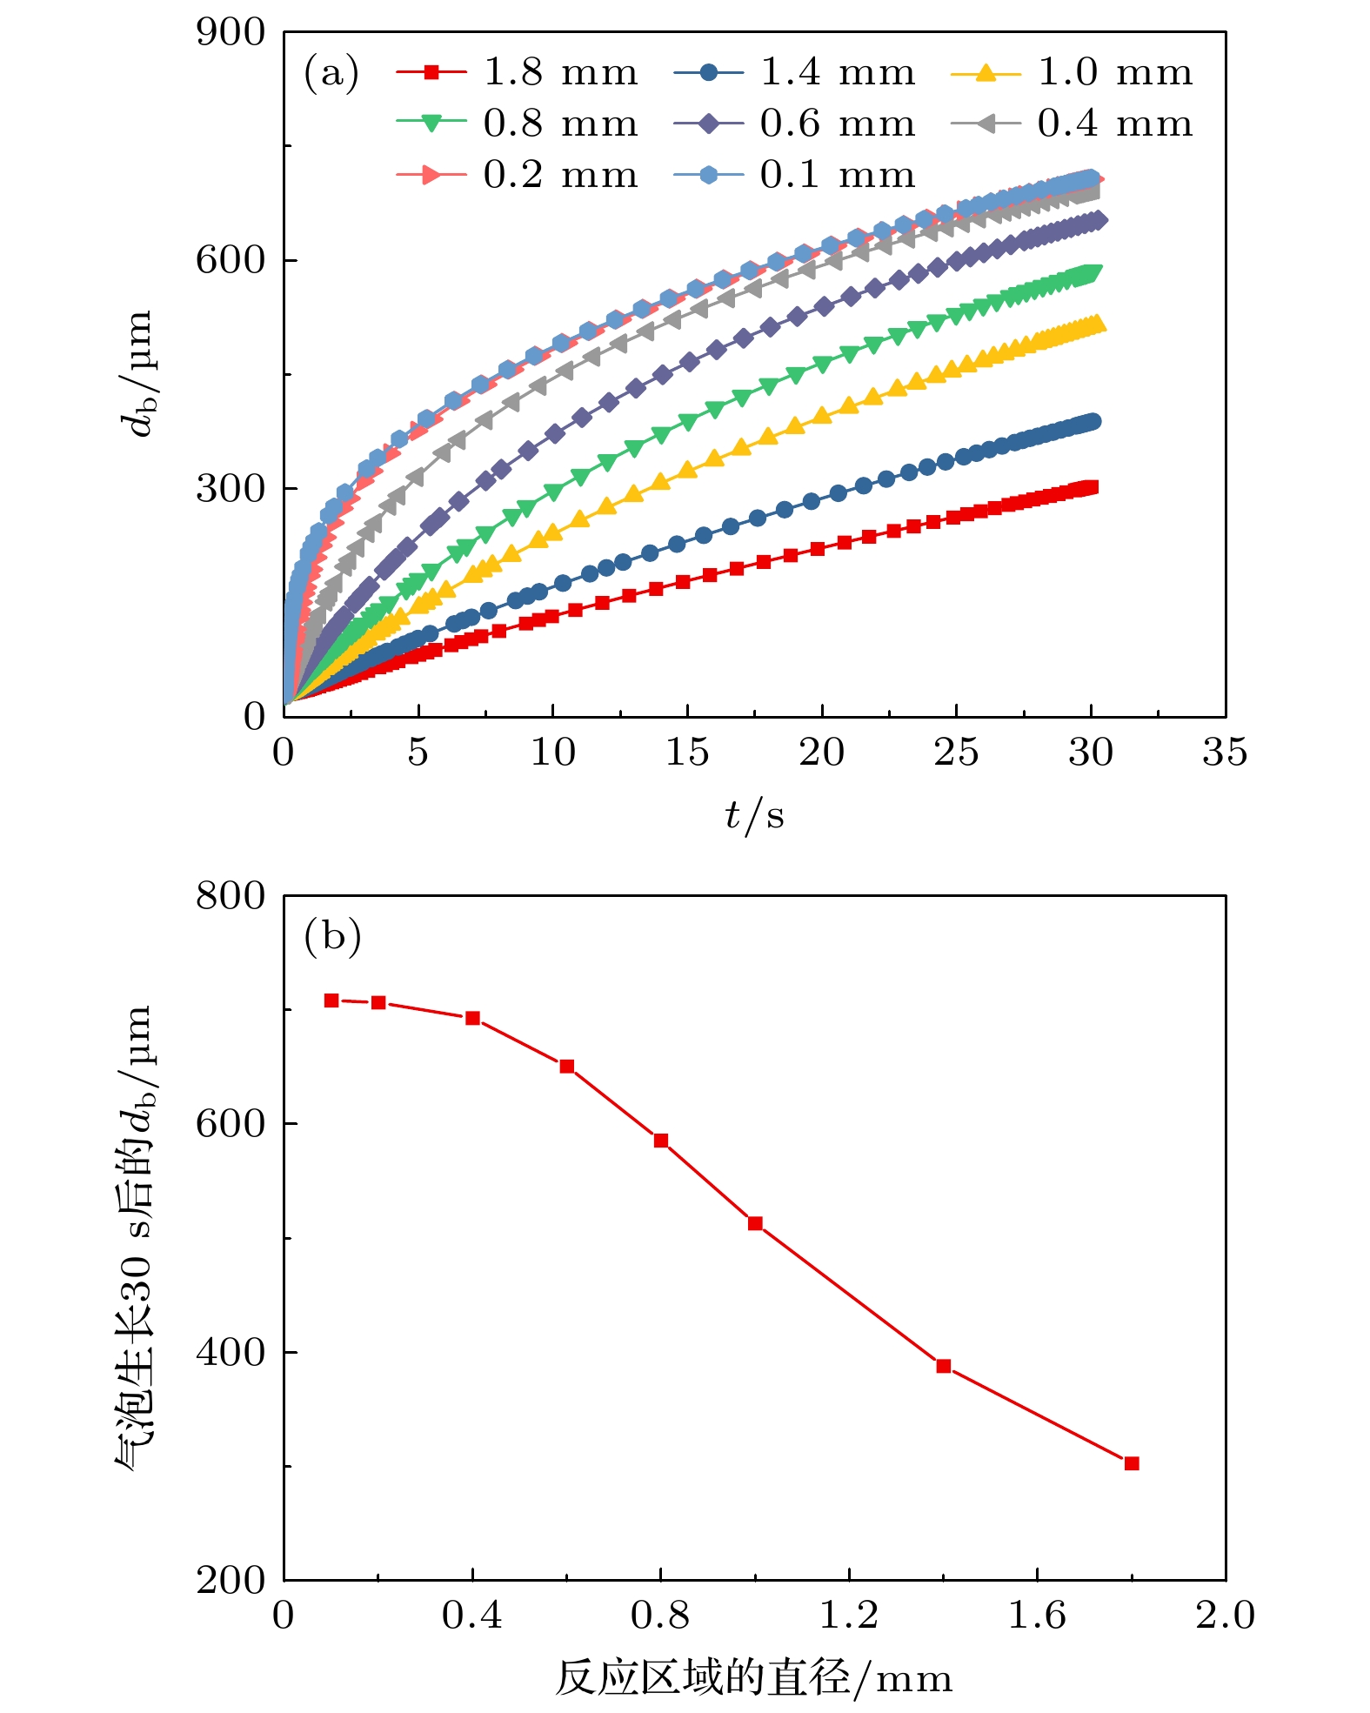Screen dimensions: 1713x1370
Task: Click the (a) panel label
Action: pos(331,72)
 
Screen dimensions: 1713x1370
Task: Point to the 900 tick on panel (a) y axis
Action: pos(231,33)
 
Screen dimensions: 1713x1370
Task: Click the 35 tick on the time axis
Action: pos(1225,753)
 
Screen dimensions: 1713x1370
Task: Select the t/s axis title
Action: pos(754,815)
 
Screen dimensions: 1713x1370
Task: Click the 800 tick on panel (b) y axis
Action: pos(231,896)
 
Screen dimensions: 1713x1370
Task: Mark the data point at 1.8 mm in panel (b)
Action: pos(1132,1463)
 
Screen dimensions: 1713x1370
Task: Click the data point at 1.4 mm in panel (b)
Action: pos(944,1366)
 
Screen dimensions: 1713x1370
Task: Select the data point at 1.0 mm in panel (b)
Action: pos(755,1223)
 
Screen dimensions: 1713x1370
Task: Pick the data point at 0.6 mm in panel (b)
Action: pos(567,1067)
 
